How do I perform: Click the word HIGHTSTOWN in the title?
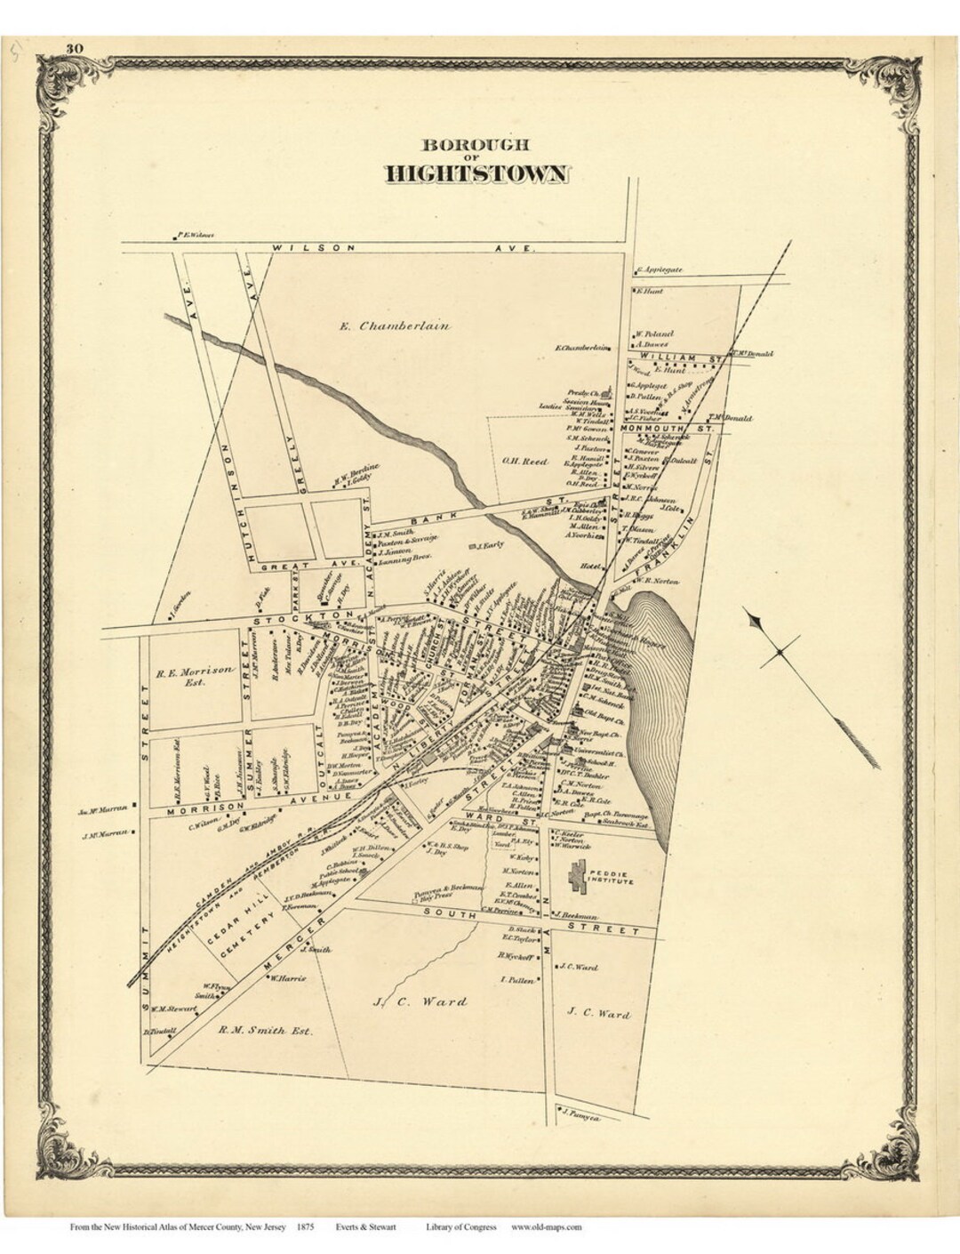tap(476, 173)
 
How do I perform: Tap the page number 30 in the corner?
tap(74, 48)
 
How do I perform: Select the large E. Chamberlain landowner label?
tap(395, 326)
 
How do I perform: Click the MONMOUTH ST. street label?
tap(668, 429)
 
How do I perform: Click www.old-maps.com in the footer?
tap(546, 1227)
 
